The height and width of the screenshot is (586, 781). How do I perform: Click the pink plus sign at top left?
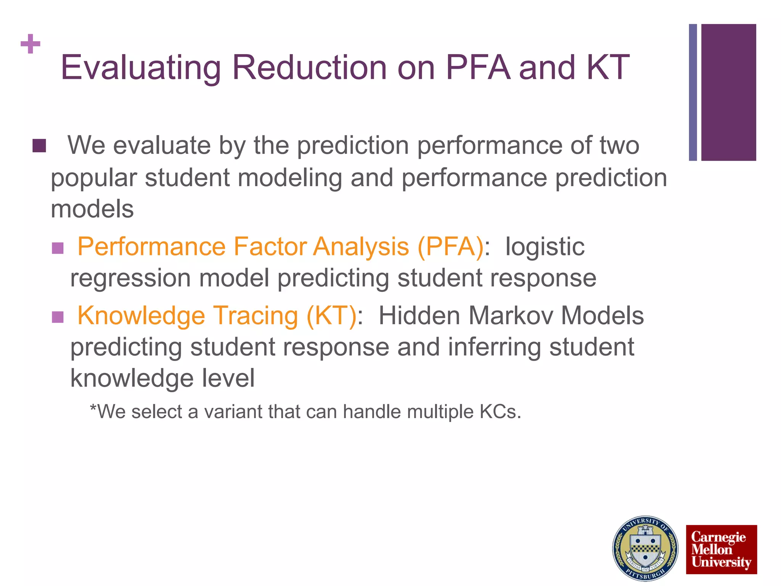(x=31, y=44)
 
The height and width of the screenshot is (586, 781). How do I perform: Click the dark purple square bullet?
(x=39, y=146)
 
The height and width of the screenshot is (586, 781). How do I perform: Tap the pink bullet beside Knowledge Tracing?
(x=58, y=317)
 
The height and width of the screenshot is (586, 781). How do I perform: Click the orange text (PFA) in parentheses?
(x=450, y=247)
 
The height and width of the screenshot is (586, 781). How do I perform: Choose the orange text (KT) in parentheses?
(x=332, y=316)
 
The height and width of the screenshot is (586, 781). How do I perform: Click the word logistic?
(x=545, y=247)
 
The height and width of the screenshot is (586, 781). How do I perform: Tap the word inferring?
(x=494, y=348)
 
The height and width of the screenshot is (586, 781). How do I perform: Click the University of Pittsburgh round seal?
(x=645, y=548)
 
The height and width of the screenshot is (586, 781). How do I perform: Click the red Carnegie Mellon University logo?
(x=721, y=549)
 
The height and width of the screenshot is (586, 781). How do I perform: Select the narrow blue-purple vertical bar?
(x=693, y=92)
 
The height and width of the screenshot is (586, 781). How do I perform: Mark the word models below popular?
(x=92, y=209)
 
